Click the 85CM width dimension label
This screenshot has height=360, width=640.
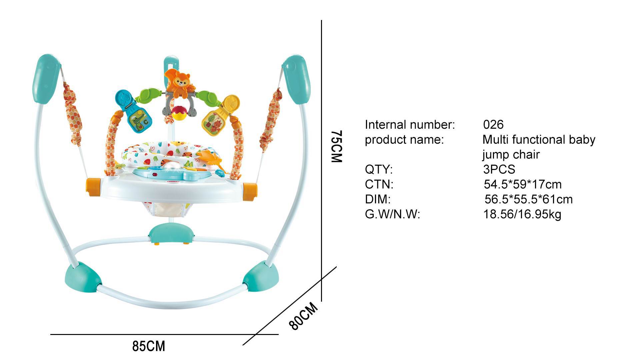149,346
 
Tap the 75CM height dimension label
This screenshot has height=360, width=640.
336,146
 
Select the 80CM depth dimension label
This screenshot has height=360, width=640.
303,316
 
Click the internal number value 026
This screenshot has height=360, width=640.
493,125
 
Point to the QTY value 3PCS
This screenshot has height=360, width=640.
499,169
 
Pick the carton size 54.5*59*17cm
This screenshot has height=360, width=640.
522,184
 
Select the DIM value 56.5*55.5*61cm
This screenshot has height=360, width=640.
528,199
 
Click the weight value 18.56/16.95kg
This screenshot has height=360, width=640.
522,214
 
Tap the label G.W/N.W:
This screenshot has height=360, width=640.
392,214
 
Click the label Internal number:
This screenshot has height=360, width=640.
410,125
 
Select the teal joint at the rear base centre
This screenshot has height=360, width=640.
171,235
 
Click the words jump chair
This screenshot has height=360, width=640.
510,154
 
